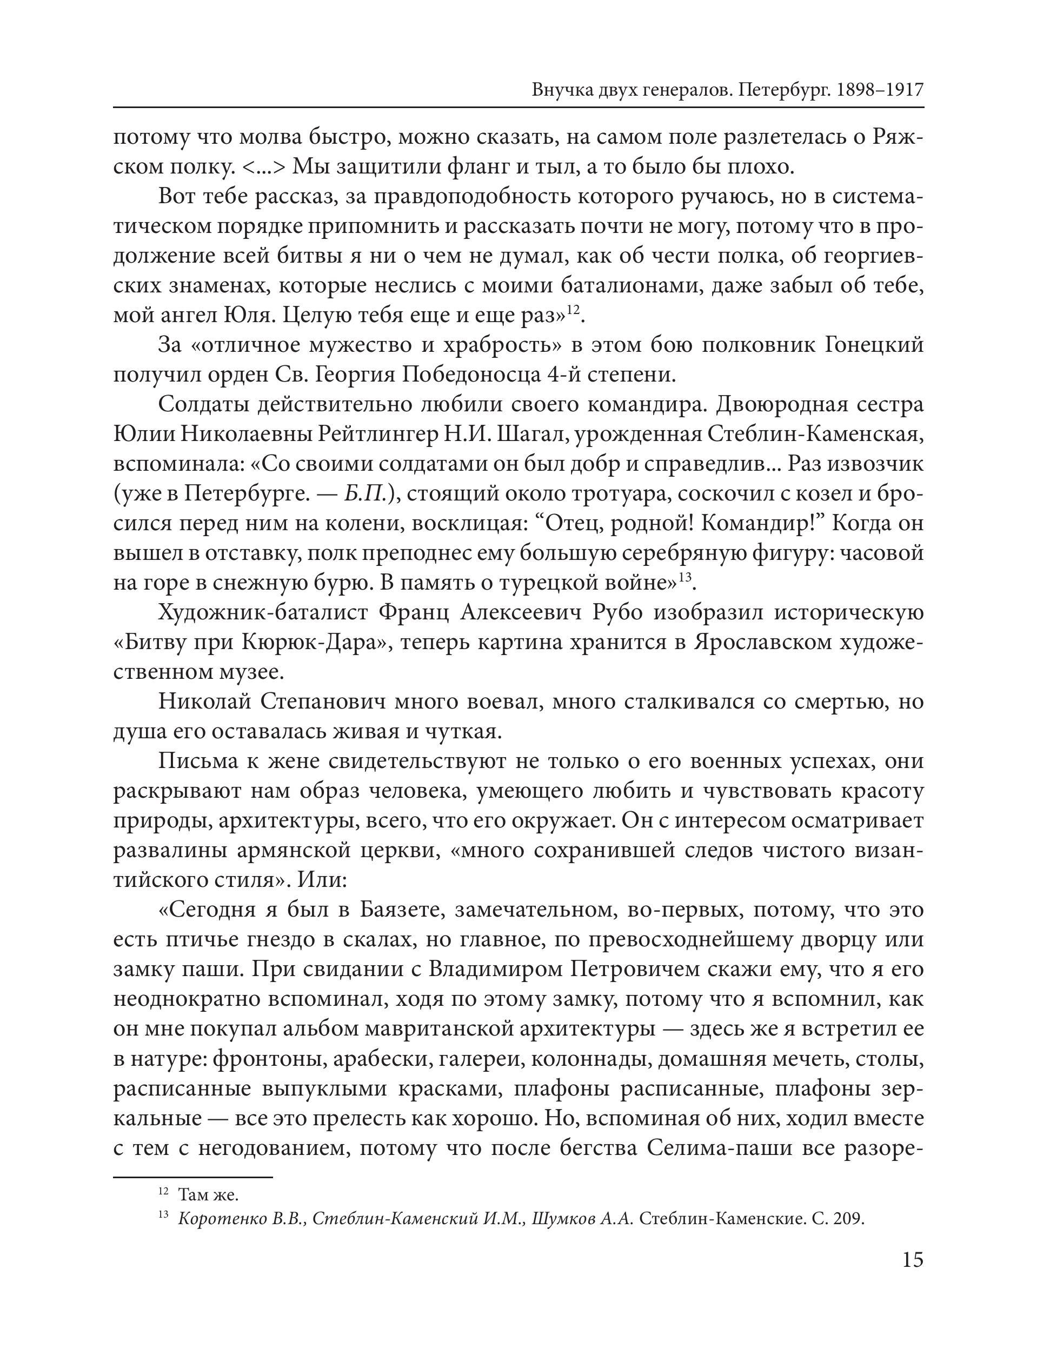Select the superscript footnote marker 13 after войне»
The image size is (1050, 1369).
(x=686, y=577)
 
